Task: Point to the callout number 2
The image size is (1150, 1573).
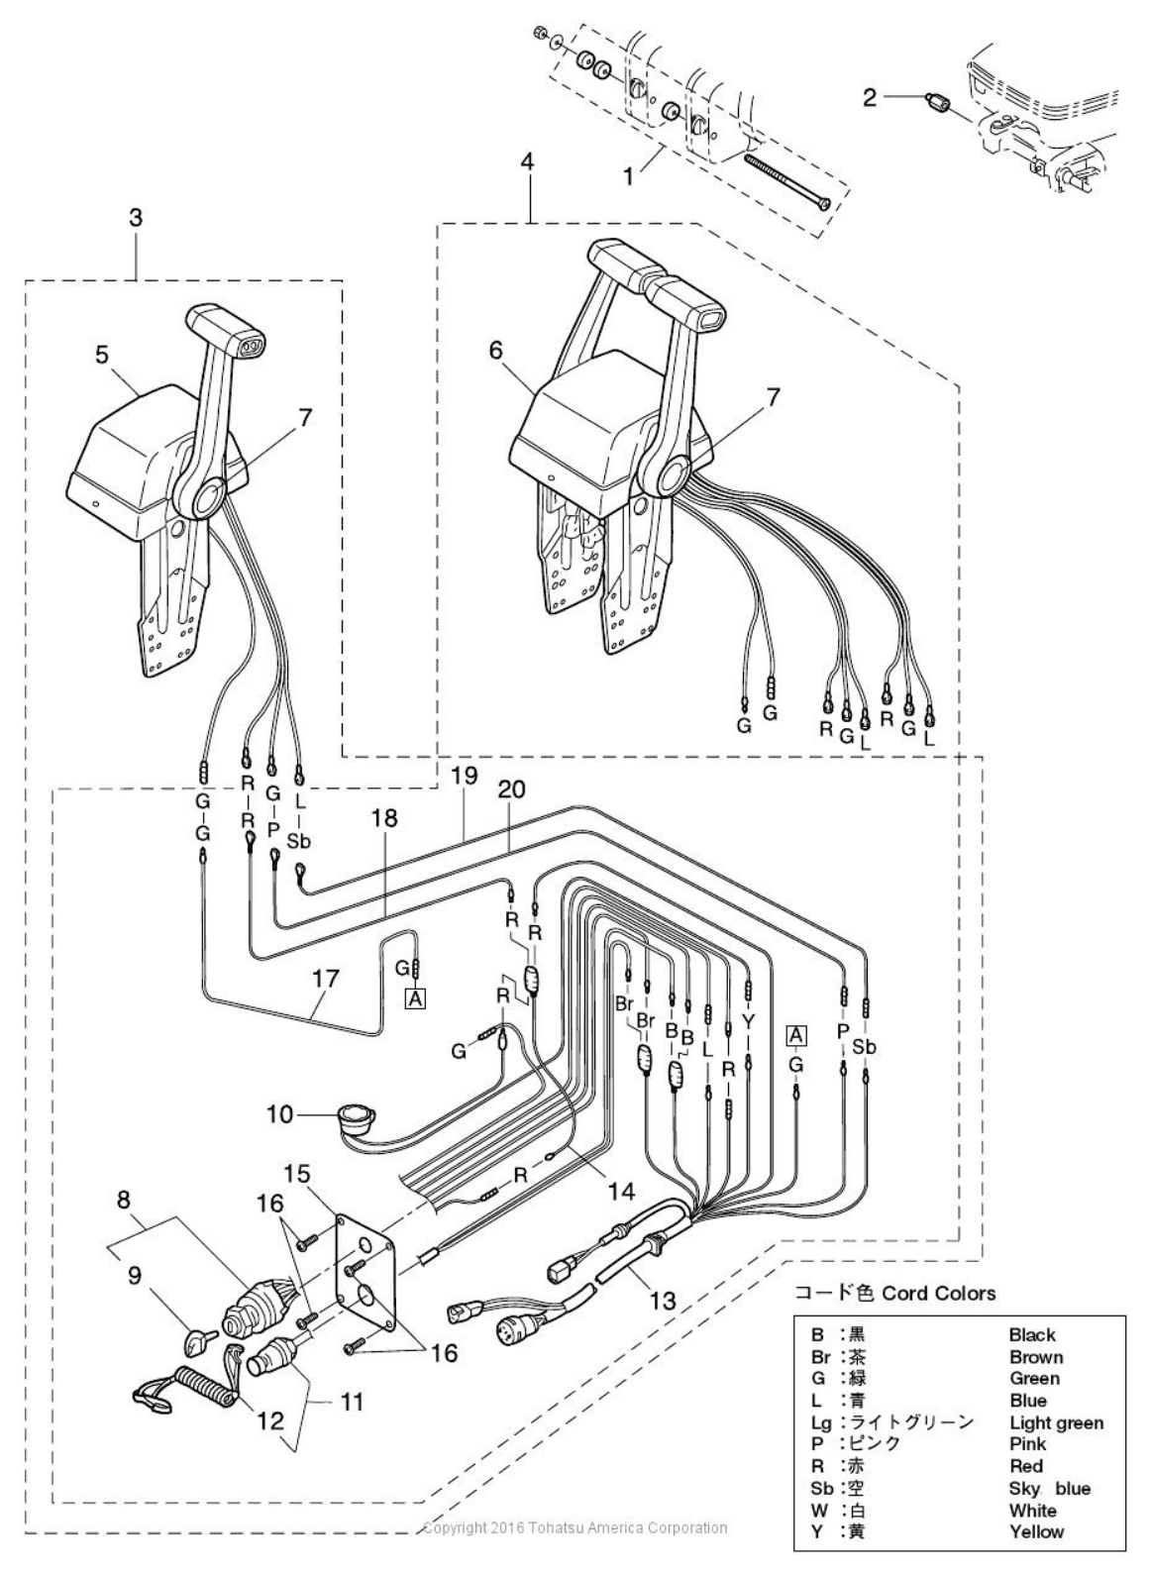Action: (x=869, y=98)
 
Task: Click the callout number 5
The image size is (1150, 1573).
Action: (x=102, y=355)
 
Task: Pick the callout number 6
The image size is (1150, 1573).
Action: (x=496, y=350)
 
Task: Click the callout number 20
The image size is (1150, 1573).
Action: (x=511, y=789)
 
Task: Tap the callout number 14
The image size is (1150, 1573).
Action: (x=622, y=1191)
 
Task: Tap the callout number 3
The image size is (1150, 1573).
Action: (x=136, y=218)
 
